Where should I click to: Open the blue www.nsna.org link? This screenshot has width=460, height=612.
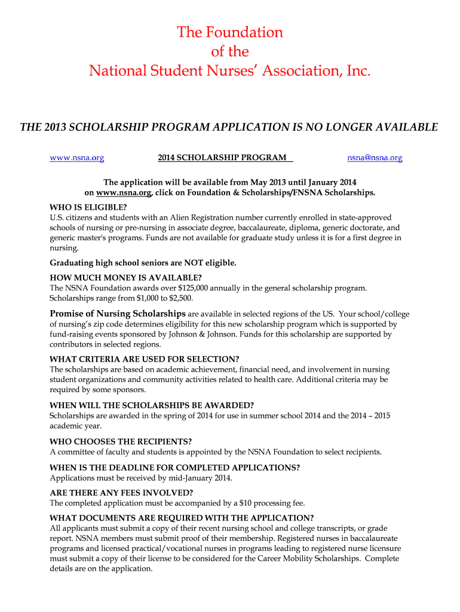pos(76,158)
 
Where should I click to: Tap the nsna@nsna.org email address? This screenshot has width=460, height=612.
pos(375,158)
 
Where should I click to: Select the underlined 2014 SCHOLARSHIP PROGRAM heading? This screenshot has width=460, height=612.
pos(222,158)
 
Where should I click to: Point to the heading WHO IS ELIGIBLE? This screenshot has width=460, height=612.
pos(88,207)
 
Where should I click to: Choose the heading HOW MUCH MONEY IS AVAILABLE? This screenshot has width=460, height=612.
pos(125,277)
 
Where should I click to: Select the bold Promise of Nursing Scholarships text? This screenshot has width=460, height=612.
pos(117,314)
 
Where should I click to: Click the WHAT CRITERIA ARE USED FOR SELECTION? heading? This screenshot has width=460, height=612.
pos(144,359)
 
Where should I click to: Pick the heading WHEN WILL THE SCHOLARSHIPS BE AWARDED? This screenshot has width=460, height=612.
pos(152,405)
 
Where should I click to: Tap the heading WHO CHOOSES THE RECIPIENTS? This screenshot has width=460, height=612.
pos(120,442)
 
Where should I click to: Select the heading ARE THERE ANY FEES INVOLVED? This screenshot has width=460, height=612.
pos(121,492)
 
